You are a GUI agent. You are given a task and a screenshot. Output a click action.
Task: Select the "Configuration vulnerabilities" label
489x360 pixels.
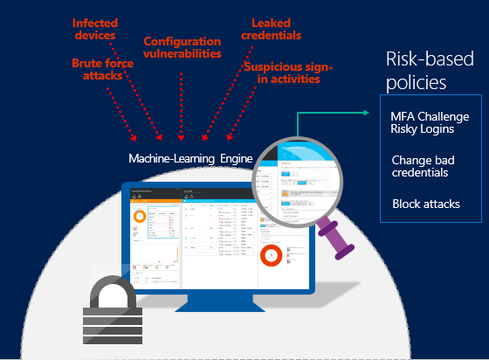182,48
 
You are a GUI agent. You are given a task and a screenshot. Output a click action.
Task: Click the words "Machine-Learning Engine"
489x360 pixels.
189,159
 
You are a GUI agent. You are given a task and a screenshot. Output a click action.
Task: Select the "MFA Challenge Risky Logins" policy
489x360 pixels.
424,123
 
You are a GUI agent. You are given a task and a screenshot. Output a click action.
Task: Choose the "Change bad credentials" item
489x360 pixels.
421,166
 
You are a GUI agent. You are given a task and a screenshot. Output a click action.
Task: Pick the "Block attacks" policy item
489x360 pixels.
426,204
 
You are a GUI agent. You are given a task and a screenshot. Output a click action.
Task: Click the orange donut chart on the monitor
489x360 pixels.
139,216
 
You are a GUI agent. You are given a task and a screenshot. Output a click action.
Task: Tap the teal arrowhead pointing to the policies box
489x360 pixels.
368,112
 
